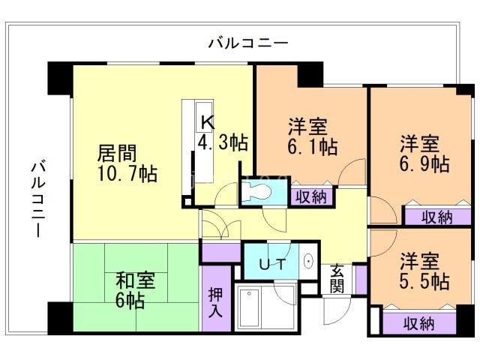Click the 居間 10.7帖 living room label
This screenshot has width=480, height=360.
tap(127, 163)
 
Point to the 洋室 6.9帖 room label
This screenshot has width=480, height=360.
tap(424, 153)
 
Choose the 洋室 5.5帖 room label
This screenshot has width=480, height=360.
tap(424, 272)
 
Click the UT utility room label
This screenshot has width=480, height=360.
tap(271, 264)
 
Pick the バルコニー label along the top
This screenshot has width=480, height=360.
tap(247, 43)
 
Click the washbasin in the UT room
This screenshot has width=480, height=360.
tap(308, 262)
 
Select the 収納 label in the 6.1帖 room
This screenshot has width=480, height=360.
tap(310, 197)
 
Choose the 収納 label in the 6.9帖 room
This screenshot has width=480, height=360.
tap(436, 217)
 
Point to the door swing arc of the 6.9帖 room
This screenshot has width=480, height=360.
tap(382, 210)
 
